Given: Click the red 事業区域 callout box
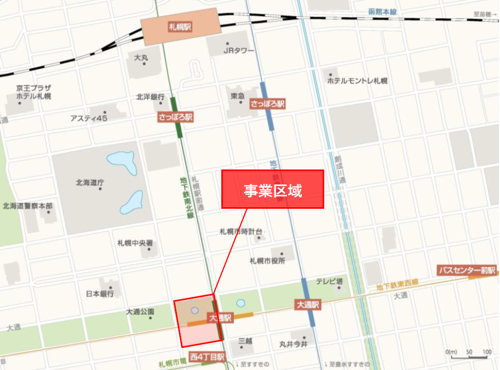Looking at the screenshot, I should click(272, 190).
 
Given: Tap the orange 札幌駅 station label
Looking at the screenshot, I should click(180, 26).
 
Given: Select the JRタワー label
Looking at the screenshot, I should click(238, 51).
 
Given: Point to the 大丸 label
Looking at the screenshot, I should click(141, 57).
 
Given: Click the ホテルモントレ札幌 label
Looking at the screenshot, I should click(357, 81).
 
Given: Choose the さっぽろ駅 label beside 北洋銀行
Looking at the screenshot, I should click(175, 118).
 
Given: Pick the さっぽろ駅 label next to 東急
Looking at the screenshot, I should click(267, 104).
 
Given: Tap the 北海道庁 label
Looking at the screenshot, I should click(90, 182).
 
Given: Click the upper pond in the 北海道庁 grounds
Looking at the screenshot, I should click(122, 163).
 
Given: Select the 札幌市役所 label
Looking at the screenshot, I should click(267, 260).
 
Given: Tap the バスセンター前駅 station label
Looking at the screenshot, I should click(466, 270).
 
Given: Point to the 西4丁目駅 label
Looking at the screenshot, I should click(207, 357).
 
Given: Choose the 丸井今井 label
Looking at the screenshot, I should click(293, 344).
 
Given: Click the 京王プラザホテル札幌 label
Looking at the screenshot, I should click(33, 92).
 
